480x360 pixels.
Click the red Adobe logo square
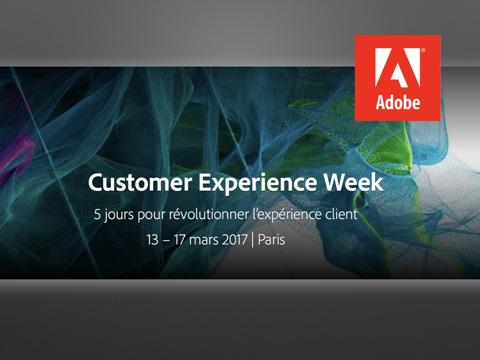(397, 78)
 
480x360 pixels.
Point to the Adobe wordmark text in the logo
(397, 102)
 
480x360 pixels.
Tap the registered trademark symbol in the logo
(423, 49)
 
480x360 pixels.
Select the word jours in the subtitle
(119, 216)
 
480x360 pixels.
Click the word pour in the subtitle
(150, 216)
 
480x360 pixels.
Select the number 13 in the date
(152, 240)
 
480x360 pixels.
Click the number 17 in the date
(180, 240)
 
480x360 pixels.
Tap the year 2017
(235, 240)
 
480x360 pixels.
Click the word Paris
(271, 240)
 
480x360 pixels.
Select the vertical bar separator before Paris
(253, 240)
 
